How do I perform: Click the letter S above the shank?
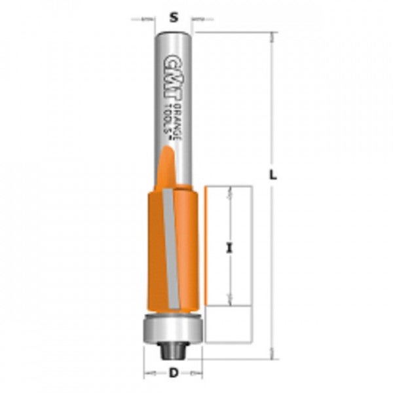[x=174, y=19]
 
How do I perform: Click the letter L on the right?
[x=274, y=175]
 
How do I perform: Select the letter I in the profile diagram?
[x=229, y=248]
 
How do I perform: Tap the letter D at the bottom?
[x=174, y=374]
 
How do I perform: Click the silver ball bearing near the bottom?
[x=172, y=327]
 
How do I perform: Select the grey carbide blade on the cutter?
[x=170, y=249]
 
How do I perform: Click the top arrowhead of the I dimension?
[x=230, y=191]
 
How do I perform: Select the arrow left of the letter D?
[x=151, y=374]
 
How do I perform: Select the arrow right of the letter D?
[x=195, y=374]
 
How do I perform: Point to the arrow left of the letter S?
[x=147, y=20]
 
